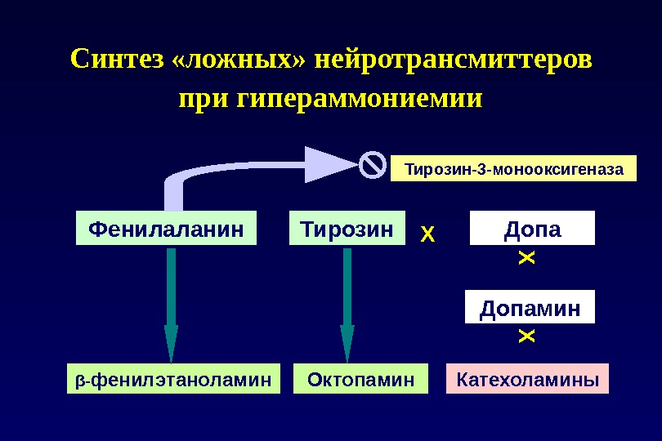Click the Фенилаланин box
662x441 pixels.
point(166,229)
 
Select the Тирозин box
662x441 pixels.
point(347,229)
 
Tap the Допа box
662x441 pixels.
point(532,229)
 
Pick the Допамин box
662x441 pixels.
point(530,308)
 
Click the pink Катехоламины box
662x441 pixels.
point(527,380)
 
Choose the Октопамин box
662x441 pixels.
point(360,380)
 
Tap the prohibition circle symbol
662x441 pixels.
point(372,165)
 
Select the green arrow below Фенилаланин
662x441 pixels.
point(171,302)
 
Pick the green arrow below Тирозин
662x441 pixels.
point(347,302)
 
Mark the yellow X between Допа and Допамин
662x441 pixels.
point(526,259)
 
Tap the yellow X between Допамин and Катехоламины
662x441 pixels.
point(526,336)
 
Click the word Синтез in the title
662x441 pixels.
point(119,60)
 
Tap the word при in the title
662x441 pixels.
point(200,100)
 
